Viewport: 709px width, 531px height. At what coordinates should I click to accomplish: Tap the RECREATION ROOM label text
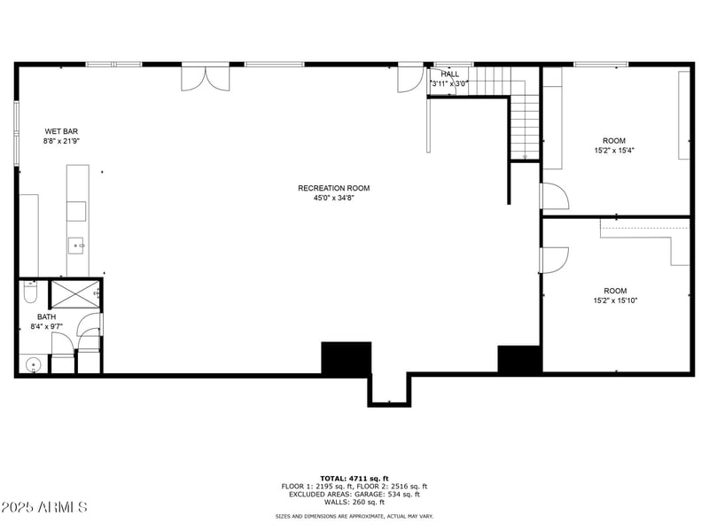[x=333, y=188]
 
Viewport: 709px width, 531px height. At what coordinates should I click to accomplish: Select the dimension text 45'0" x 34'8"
[x=333, y=198]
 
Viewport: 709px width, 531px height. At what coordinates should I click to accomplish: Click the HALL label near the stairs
[x=450, y=74]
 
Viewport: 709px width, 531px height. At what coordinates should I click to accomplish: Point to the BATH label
[x=46, y=316]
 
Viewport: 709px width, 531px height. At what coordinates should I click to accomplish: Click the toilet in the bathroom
[x=29, y=291]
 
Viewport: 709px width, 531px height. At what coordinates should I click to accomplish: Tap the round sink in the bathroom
[x=33, y=363]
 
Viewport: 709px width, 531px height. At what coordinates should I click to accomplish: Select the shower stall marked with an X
[x=74, y=294]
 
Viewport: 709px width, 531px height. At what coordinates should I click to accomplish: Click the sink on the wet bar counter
[x=77, y=245]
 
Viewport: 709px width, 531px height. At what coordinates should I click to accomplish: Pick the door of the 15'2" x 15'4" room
[x=554, y=197]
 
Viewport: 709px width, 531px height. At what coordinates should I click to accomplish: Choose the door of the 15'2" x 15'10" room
[x=553, y=260]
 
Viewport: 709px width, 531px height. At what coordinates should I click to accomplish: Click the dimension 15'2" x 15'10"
[x=615, y=301]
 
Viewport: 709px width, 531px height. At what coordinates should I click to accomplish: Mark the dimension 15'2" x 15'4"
[x=614, y=151]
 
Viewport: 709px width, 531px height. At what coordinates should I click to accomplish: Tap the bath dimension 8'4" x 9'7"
[x=46, y=326]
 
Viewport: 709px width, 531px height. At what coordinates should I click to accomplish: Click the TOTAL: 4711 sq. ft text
[x=354, y=478]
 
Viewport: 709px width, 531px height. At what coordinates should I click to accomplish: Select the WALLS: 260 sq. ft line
[x=354, y=503]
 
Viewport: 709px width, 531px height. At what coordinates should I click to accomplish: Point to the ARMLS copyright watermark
[x=44, y=508]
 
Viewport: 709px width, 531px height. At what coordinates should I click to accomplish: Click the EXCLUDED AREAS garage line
[x=354, y=495]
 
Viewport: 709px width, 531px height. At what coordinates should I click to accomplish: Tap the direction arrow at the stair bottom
[x=525, y=156]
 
